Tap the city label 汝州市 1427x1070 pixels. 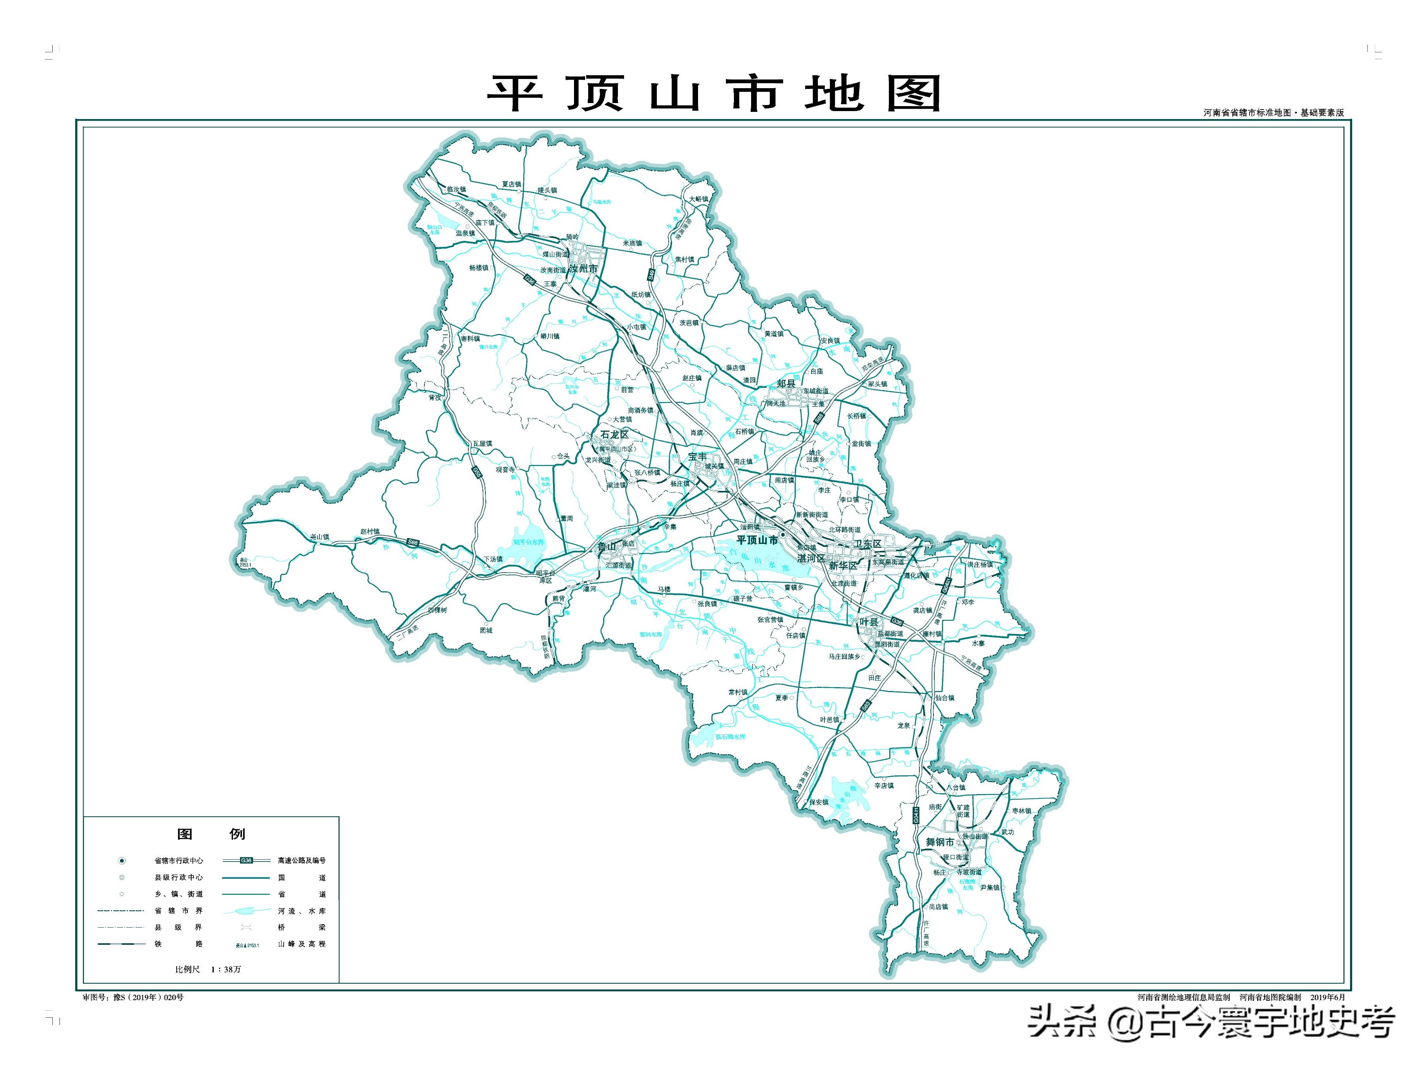tap(583, 268)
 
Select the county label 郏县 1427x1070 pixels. tap(786, 383)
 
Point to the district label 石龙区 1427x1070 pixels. tap(614, 434)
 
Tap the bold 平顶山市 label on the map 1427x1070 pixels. tap(757, 540)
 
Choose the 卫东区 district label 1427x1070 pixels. tap(867, 544)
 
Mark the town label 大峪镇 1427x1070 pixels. tap(698, 199)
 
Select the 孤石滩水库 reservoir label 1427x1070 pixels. tap(730, 736)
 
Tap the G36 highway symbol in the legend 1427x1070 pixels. tap(246, 860)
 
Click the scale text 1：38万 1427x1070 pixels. tap(226, 969)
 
